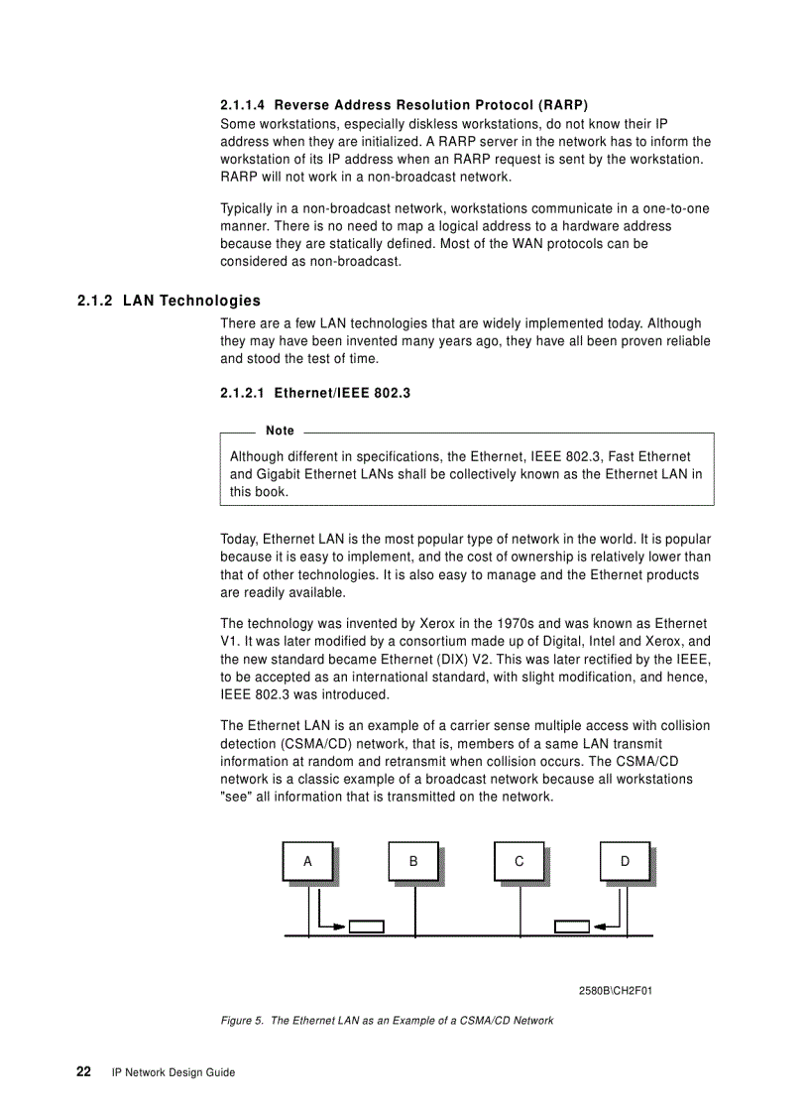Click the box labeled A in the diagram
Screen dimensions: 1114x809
(307, 861)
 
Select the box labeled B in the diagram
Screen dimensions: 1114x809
(413, 861)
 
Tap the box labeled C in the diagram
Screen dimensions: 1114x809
(520, 861)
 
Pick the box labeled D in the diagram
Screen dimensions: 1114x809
(625, 861)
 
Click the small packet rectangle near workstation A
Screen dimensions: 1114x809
(366, 927)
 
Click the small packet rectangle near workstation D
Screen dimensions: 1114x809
(571, 927)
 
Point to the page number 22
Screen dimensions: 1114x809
(84, 1071)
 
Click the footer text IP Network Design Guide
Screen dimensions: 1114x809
(173, 1072)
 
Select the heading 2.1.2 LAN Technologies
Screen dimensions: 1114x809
(169, 301)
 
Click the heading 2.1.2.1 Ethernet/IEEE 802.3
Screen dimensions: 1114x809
(314, 393)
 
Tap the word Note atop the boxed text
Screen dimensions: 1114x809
(280, 431)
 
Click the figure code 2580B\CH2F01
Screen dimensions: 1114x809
(615, 990)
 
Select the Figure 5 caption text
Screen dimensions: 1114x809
(387, 1020)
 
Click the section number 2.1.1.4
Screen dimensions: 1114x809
(243, 104)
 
